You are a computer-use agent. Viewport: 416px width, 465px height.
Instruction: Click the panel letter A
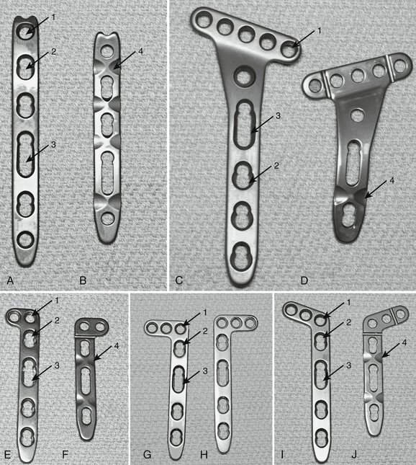tap(10, 280)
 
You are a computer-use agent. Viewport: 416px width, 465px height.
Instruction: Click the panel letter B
tap(83, 280)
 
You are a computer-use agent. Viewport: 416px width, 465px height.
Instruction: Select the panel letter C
tap(178, 280)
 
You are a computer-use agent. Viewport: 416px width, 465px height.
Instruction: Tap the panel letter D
tap(304, 280)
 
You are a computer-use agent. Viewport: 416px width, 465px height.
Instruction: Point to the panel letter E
tap(8, 454)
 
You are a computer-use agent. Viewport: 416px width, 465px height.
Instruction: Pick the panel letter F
tap(65, 454)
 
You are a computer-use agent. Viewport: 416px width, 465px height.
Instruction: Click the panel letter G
tap(147, 454)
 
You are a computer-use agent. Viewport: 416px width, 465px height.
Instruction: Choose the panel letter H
tap(204, 454)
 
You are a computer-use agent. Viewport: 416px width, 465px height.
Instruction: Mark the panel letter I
tap(282, 454)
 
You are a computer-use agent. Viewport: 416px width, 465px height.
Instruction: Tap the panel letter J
tap(354, 454)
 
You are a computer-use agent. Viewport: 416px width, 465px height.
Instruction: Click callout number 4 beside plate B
tap(140, 52)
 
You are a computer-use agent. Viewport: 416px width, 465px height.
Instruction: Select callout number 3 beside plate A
tap(53, 144)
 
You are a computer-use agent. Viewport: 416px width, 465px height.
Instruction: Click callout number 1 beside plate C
tap(319, 30)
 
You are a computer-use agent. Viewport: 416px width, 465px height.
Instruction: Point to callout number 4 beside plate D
tap(392, 180)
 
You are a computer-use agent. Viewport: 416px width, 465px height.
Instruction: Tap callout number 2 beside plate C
tap(276, 166)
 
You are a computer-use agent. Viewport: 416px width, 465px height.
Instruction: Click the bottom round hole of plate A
tap(26, 239)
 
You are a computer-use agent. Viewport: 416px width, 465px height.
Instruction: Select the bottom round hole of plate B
tap(107, 218)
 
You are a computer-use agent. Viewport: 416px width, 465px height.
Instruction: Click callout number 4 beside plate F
tap(117, 346)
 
